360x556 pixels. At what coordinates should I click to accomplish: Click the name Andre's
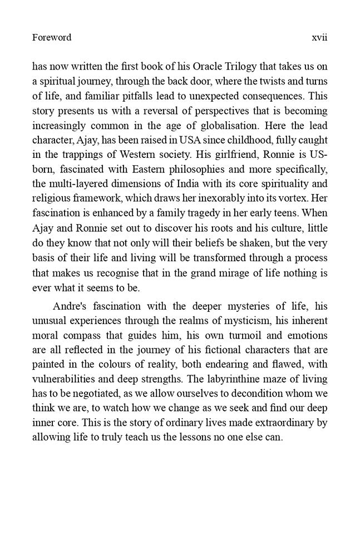click(72, 306)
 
